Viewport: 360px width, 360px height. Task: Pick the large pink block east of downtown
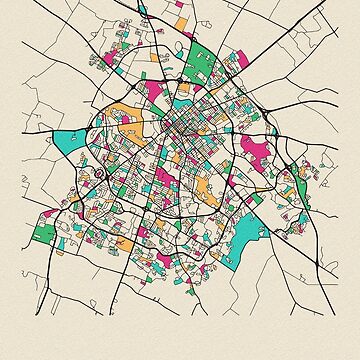(256, 155)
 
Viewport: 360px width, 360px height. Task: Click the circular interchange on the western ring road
(99, 174)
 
